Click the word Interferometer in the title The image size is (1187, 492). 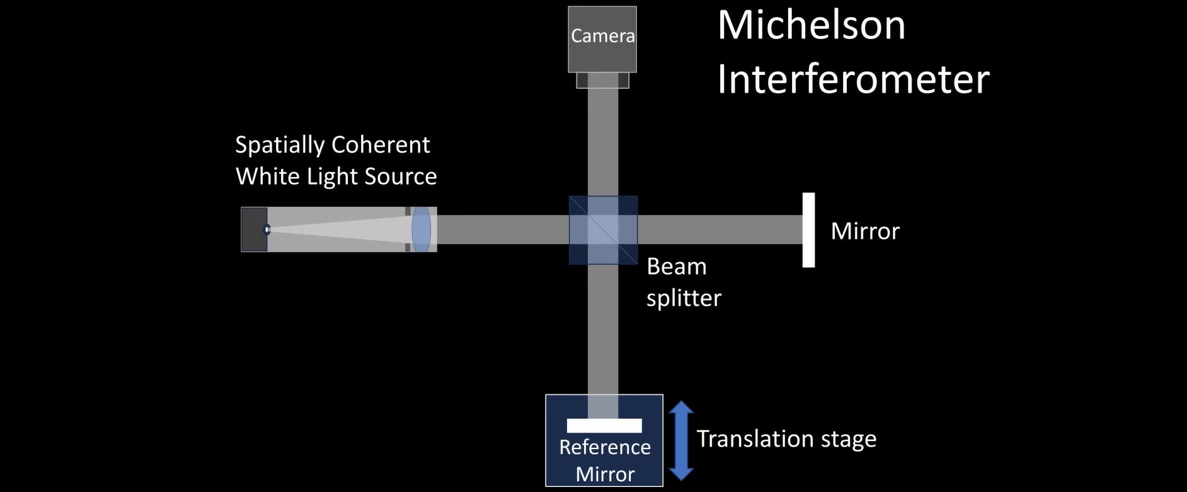tap(853, 79)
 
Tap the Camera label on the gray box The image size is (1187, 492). tap(602, 36)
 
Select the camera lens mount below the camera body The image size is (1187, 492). tap(602, 80)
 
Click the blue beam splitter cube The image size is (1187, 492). tap(603, 230)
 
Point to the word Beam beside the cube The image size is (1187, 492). tap(676, 266)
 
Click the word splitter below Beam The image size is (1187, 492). tap(684, 297)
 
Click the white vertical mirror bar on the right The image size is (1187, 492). tap(808, 230)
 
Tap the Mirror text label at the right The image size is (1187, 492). tap(864, 231)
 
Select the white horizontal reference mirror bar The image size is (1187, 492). tap(604, 426)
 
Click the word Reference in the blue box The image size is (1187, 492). tap(604, 447)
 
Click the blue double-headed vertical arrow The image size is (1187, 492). tap(681, 440)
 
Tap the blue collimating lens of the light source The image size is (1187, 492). tap(421, 229)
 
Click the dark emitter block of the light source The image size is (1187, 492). tap(253, 229)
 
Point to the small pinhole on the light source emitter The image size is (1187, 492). tap(267, 229)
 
